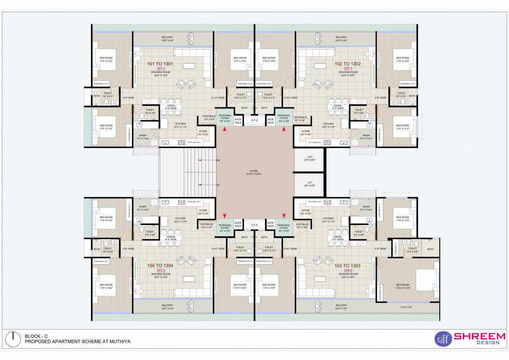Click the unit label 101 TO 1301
pos(160,64)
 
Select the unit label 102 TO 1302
pos(347,64)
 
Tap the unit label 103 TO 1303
pos(347,266)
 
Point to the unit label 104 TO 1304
pos(160,266)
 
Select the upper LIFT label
pos(309,158)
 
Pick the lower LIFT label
pos(309,184)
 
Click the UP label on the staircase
pos(217,185)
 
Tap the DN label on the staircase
pos(217,160)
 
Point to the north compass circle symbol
pos(14,339)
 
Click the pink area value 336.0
pos(347,270)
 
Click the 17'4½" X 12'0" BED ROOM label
pos(403,286)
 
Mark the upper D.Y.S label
pos(254,120)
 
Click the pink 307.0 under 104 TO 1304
pos(160,270)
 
